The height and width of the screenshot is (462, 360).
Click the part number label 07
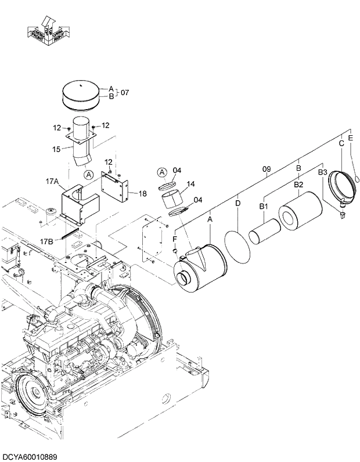pos(125,92)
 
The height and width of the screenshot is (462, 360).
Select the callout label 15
pos(56,149)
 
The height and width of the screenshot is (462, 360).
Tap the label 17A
pos(52,182)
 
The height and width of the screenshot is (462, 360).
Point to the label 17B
pos(47,240)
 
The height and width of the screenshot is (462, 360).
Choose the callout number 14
pos(190,184)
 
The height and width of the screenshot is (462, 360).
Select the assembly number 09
pos(267,169)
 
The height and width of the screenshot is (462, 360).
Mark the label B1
pos(263,206)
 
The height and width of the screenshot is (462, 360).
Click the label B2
pos(298,184)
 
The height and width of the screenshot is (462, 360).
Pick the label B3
pos(323,172)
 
